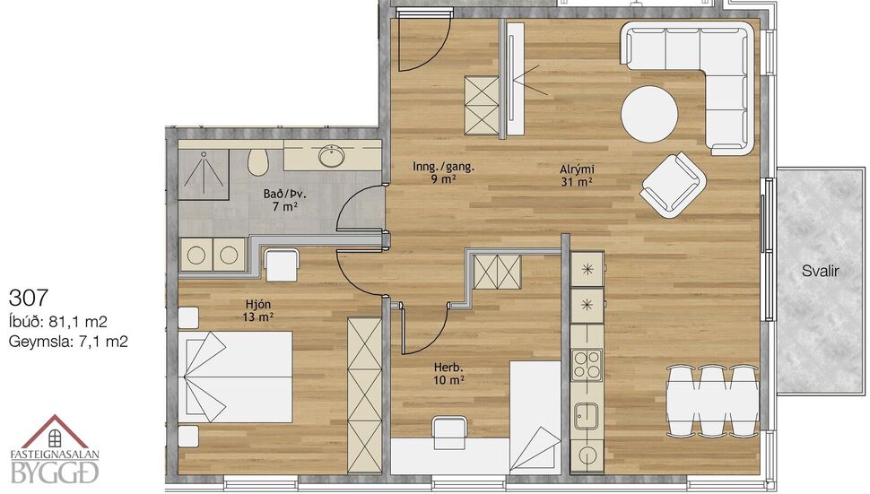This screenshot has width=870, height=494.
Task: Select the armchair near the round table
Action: click(672, 184)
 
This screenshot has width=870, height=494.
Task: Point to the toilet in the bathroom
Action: click(258, 161)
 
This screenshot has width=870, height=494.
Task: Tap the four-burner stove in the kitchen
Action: click(587, 366)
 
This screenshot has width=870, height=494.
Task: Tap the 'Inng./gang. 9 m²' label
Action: click(443, 171)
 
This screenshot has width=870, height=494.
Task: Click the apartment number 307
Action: click(26, 296)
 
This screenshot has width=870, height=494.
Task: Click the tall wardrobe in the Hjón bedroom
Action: click(364, 394)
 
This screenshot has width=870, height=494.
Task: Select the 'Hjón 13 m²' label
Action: click(257, 310)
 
